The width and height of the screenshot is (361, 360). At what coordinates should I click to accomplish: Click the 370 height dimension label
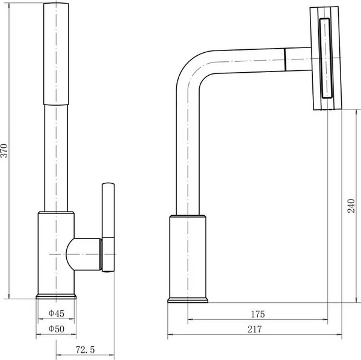coord(4,151)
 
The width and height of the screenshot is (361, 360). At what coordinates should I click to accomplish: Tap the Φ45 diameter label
coord(57,313)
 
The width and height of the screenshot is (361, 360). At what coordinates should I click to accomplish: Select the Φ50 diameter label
coord(57,329)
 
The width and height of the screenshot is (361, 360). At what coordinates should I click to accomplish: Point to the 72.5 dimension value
coord(85,350)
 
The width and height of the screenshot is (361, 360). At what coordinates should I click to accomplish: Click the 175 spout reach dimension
coord(258,314)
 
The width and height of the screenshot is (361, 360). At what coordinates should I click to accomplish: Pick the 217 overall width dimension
coord(255,329)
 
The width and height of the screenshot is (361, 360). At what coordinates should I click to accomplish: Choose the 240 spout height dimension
coord(351,206)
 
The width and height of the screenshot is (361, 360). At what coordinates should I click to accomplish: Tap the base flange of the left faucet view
coord(56,296)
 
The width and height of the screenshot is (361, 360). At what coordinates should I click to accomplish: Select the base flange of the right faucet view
coord(188,300)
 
